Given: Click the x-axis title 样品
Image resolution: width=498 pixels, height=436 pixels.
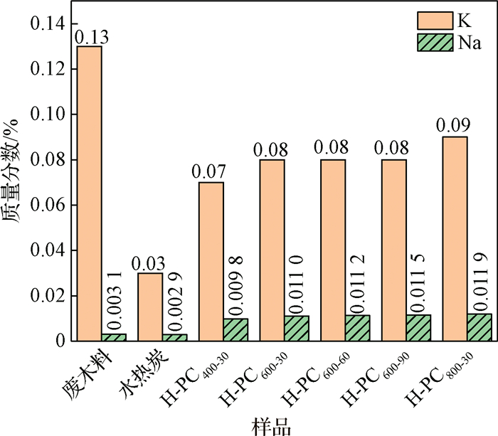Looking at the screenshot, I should pos(272,426).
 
